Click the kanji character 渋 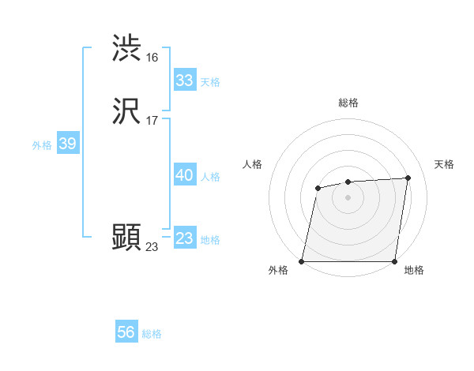pos(126,49)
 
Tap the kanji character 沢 pos(126,112)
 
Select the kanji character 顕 pos(126,238)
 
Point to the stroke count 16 pos(152,58)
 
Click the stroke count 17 pos(152,121)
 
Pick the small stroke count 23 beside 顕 pos(152,247)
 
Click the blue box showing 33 pos(185,81)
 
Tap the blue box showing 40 pos(185,175)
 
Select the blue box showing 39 pos(67,144)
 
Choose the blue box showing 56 pos(126,332)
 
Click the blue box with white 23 pos(185,238)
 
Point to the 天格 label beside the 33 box pos(210,82)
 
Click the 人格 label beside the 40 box pos(210,177)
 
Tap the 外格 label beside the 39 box pos(42,145)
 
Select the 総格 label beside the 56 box pos(152,334)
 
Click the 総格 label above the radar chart pos(348,103)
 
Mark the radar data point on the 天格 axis pos(408,178)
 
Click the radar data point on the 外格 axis pos(302,261)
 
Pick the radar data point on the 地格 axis pos(394,261)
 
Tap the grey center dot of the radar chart pos(348,197)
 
